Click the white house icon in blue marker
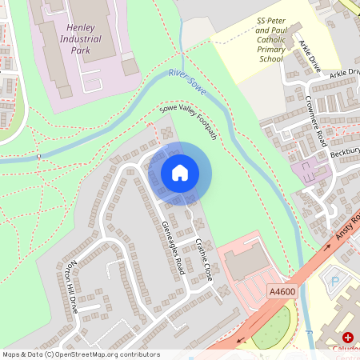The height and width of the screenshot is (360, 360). [180, 172]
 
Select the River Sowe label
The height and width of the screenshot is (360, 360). [187, 82]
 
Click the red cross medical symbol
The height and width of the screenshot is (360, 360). [347, 338]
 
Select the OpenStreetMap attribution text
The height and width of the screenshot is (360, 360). [81, 354]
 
